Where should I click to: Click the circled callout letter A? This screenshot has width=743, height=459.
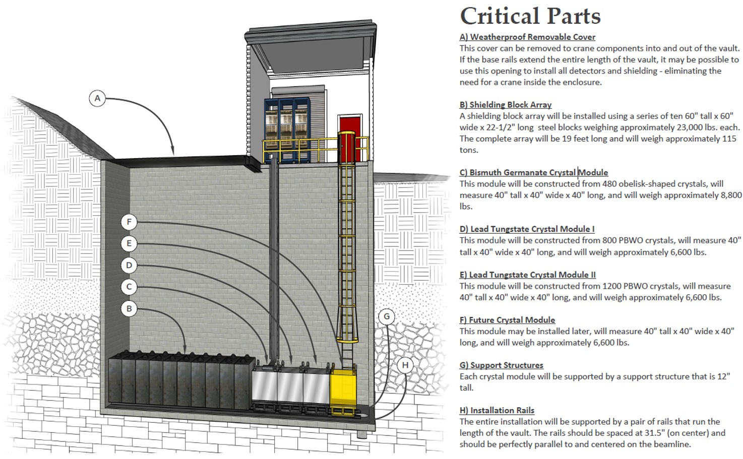(x=97, y=98)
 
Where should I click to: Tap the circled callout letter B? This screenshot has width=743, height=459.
(x=129, y=309)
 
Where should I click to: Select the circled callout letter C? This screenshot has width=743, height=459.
(x=129, y=287)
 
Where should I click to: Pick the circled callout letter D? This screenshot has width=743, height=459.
(x=129, y=266)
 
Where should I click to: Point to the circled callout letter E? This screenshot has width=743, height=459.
(x=129, y=243)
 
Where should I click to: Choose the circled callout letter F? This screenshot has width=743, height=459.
(x=129, y=222)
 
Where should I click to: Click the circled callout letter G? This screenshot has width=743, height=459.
(x=387, y=316)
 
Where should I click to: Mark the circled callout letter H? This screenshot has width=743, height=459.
(x=405, y=365)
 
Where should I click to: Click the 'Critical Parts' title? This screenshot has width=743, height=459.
(x=530, y=16)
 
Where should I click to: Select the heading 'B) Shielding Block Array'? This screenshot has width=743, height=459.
(x=506, y=105)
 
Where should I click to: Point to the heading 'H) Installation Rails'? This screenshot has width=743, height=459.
(x=497, y=410)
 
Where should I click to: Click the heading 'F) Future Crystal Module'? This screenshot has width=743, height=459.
(x=507, y=320)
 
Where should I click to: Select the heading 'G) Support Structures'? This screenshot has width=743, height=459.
(x=501, y=365)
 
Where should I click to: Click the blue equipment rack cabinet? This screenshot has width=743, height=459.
(x=287, y=130)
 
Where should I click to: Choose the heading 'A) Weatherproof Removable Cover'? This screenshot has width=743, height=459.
(x=527, y=37)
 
